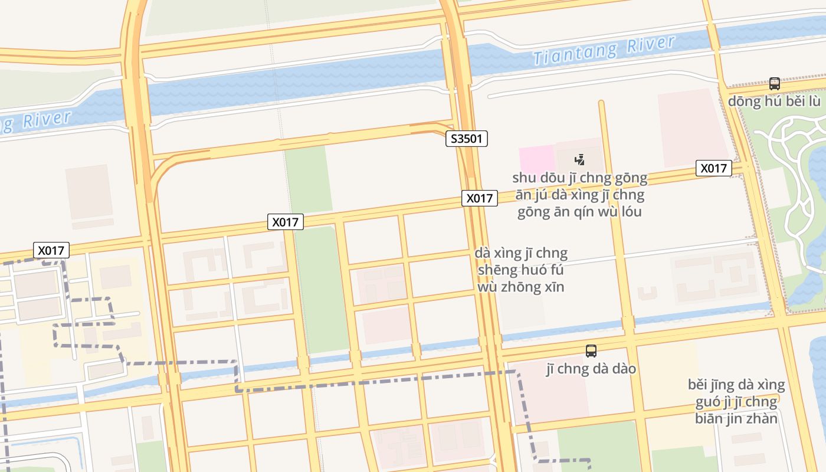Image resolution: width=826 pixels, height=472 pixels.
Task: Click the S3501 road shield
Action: [x=466, y=139]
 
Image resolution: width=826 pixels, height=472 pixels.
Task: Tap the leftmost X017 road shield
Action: [x=51, y=250]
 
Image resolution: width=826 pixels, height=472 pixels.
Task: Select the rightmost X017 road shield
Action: [x=713, y=168]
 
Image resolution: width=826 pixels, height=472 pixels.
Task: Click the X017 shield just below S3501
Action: [x=479, y=198]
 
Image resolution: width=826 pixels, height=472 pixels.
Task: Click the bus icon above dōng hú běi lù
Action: [x=774, y=84]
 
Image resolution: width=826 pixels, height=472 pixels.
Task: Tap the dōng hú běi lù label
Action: [x=773, y=101]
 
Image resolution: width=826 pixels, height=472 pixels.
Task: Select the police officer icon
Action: [x=580, y=159]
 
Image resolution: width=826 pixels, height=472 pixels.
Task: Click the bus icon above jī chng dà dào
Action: [x=591, y=351]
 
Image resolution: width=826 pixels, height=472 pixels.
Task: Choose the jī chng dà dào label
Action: [x=591, y=369]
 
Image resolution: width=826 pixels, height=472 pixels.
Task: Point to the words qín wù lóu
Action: [x=612, y=212]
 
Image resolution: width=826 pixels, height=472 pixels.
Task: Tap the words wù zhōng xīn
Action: [x=521, y=287]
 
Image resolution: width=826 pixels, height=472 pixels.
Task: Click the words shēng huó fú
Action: [x=521, y=270]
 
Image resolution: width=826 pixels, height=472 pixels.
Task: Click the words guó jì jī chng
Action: [x=736, y=402]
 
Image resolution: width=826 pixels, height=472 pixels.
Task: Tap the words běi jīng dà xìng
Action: [x=736, y=385]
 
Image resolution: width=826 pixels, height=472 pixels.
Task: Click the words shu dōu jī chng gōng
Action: [x=579, y=178]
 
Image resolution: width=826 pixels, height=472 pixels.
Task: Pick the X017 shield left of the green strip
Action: [x=286, y=222]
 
